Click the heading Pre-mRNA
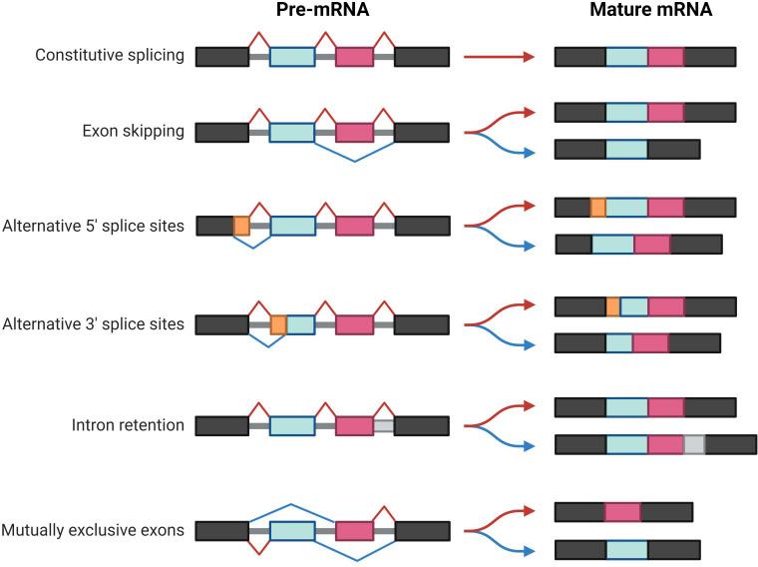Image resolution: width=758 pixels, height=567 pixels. pyautogui.click(x=322, y=11)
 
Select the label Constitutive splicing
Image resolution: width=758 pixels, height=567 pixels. pyautogui.click(x=110, y=55)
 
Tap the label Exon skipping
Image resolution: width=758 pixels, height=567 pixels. pyautogui.click(x=135, y=131)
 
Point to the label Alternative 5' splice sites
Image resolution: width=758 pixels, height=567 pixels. pyautogui.click(x=94, y=226)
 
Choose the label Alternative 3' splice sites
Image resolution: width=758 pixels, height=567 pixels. pyautogui.click(x=94, y=324)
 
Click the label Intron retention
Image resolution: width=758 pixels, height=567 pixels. pyautogui.click(x=128, y=425)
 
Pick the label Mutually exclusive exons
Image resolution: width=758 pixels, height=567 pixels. pyautogui.click(x=94, y=530)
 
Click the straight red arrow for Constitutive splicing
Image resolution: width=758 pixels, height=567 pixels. pyautogui.click(x=500, y=57)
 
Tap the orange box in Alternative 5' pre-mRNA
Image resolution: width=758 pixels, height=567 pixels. pyautogui.click(x=241, y=226)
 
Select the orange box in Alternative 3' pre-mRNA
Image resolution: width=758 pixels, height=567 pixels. pyautogui.click(x=278, y=324)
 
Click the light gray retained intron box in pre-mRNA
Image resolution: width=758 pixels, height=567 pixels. pyautogui.click(x=384, y=426)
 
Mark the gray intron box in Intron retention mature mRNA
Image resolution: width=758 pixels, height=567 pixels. pyautogui.click(x=694, y=444)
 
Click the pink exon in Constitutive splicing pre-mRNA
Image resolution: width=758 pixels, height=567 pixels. pyautogui.click(x=354, y=57)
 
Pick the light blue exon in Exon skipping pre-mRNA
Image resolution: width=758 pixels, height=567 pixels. pyautogui.click(x=291, y=132)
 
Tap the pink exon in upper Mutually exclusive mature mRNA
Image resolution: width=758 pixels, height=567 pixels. pyautogui.click(x=622, y=512)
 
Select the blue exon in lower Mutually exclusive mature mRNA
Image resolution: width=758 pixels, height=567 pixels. pyautogui.click(x=626, y=549)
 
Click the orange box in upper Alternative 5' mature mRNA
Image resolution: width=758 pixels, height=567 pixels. pyautogui.click(x=597, y=207)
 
